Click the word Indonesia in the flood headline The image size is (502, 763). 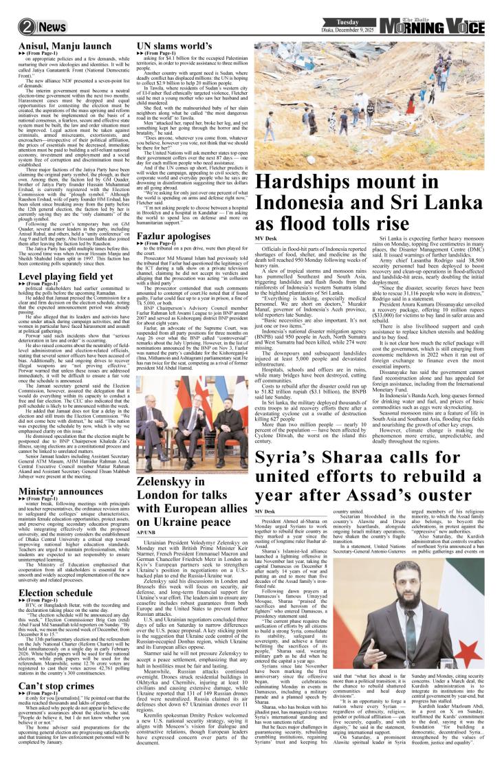[323, 203]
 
